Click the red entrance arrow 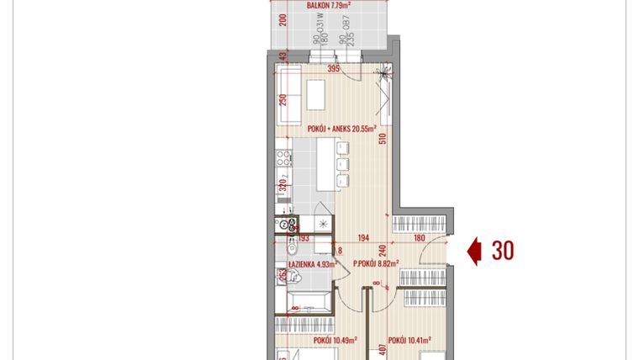475,251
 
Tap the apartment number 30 503,251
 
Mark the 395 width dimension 333,69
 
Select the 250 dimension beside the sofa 283,99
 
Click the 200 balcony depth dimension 283,22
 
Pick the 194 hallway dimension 365,239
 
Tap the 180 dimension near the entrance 419,239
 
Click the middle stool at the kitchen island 341,164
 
